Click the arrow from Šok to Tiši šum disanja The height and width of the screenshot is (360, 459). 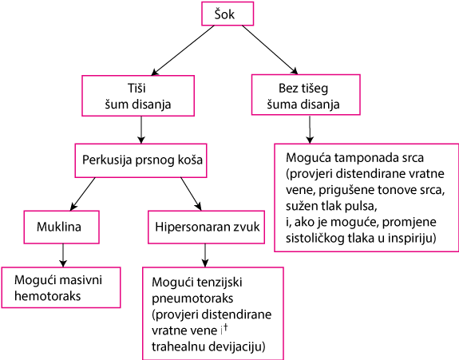pos(183,50)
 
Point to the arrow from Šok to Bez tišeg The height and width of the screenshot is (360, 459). pos(270,49)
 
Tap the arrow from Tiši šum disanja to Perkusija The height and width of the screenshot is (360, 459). pos(141,130)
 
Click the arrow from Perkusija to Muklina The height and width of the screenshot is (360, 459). pos(82,194)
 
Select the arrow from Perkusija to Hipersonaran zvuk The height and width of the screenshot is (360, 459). pos(191,194)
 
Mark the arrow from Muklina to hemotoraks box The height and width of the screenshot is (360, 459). pos(63,255)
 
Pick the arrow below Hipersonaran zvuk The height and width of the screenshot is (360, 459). pos(205,255)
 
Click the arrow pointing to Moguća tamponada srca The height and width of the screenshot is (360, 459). pos(310,129)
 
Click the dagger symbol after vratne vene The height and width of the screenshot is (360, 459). pos(225,329)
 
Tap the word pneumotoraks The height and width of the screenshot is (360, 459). pos(192,299)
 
